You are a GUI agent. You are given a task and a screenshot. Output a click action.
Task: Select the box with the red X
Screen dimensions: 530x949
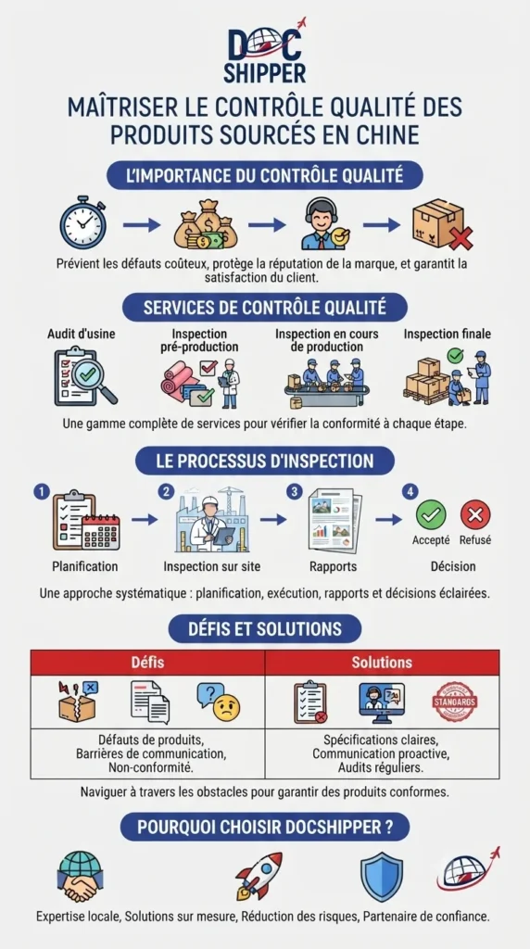(442, 224)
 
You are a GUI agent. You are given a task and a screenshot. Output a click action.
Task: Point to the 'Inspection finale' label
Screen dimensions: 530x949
(448, 334)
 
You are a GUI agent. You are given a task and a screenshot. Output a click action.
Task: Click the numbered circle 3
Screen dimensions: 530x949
(295, 492)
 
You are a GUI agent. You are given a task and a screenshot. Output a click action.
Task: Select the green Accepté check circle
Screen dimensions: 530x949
(431, 515)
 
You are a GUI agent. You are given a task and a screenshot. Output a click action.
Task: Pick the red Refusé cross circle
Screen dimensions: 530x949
(475, 515)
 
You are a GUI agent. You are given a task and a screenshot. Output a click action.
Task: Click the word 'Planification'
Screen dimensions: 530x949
(85, 567)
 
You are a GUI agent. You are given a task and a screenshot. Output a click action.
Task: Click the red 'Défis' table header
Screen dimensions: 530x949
(147, 663)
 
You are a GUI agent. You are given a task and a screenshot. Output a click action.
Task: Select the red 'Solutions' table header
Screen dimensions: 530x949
(383, 663)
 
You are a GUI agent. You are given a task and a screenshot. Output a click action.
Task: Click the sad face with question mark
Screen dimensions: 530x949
(219, 702)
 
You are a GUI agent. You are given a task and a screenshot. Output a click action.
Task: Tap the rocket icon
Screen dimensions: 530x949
(259, 875)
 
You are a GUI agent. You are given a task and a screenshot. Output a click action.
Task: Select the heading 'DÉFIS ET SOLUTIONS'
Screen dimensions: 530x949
(265, 628)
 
